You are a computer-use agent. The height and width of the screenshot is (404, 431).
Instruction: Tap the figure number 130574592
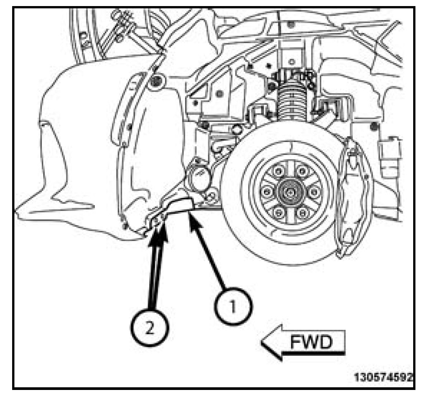click(x=384, y=378)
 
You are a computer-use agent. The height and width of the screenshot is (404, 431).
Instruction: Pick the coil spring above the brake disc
click(x=291, y=103)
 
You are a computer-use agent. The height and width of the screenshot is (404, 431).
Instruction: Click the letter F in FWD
click(x=296, y=342)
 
